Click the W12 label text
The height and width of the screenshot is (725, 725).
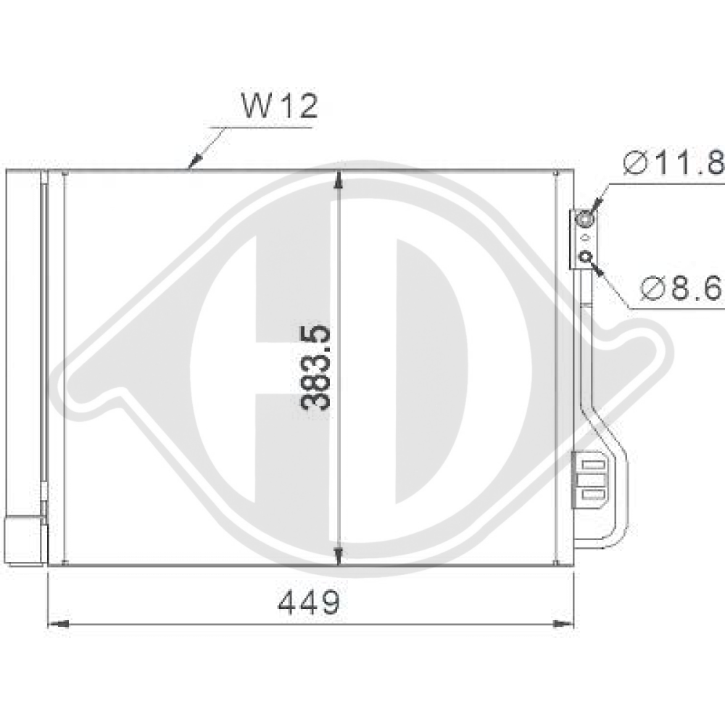coord(279,107)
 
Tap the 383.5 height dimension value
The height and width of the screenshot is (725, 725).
coord(317,368)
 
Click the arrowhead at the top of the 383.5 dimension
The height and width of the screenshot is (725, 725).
coord(339,181)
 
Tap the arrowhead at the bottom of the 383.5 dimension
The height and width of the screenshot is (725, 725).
coord(339,555)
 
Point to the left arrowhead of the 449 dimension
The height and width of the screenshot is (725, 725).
coord(58,623)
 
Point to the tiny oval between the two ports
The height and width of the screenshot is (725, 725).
coord(586,236)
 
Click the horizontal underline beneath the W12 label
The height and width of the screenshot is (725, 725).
coord(261,128)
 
